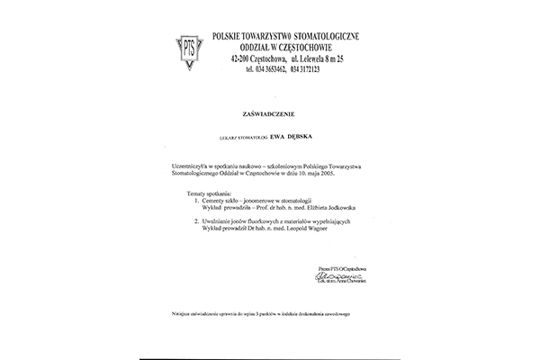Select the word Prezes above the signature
click(x=323, y=268)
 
